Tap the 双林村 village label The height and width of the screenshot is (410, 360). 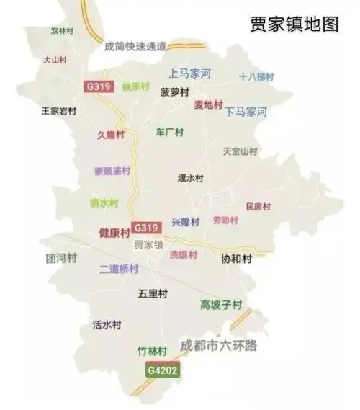(x=62, y=32)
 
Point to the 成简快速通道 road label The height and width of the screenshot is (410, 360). (x=135, y=46)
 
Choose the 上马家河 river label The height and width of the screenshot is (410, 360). (x=189, y=73)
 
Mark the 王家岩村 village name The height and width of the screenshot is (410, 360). (x=58, y=112)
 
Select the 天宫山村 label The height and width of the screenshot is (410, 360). (x=240, y=152)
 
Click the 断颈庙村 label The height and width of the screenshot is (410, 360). (x=112, y=171)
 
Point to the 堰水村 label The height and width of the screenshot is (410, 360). (x=191, y=177)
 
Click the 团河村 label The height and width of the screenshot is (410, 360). (x=60, y=258)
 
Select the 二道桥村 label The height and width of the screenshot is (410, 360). (x=118, y=269)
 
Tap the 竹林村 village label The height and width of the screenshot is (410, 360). (x=152, y=351)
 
